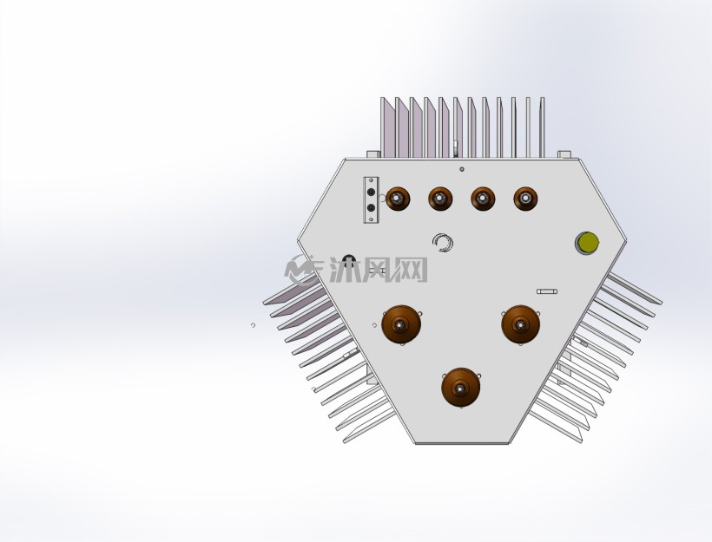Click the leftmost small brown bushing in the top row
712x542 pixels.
(398, 199)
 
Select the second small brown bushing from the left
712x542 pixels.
(440, 199)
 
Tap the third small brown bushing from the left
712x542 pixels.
(483, 199)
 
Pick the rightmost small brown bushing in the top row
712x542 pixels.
(526, 199)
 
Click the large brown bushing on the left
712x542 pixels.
(401, 324)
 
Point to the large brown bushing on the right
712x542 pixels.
(521, 324)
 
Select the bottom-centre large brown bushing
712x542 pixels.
(461, 388)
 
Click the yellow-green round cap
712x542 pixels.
(587, 243)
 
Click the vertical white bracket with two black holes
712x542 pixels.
(371, 200)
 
